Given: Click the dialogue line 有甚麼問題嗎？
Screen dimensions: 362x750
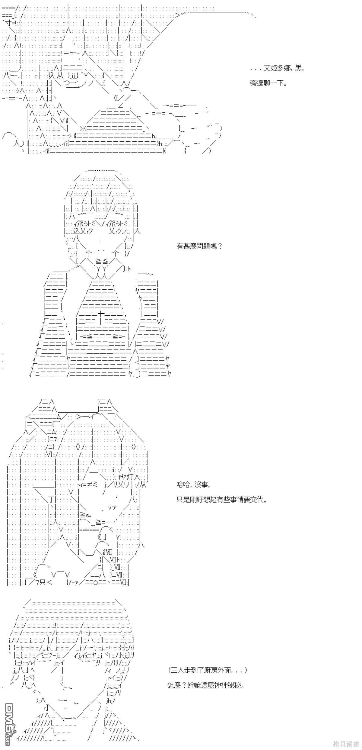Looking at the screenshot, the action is tap(199, 246).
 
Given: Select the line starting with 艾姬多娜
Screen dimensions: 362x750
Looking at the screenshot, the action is tap(277, 69).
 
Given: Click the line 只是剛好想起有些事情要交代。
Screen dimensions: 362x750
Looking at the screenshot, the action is tap(222, 499).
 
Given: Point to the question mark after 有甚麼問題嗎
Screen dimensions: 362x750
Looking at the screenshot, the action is tap(220, 246).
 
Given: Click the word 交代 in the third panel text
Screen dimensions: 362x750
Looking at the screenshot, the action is tap(257, 499).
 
